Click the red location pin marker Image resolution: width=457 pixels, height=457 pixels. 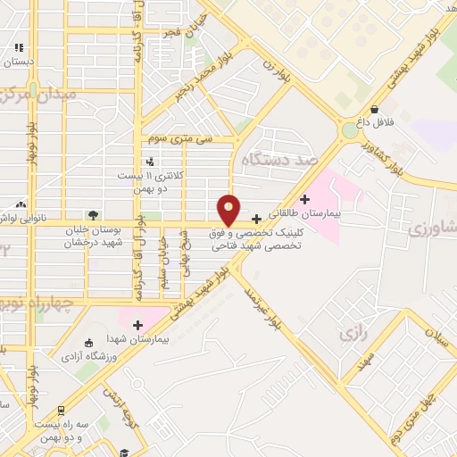(229, 210)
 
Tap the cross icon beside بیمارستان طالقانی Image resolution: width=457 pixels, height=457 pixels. (306, 199)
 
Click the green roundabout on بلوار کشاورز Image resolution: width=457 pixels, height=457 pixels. (347, 131)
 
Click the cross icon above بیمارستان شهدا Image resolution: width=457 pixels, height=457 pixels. (137, 324)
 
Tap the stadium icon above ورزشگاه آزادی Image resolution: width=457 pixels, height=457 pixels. (87, 343)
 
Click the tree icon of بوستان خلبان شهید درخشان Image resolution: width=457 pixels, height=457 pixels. (92, 214)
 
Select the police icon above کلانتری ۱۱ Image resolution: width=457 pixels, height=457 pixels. (149, 162)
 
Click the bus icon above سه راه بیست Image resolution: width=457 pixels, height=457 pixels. (60, 411)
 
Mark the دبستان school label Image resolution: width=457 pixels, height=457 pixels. (18, 62)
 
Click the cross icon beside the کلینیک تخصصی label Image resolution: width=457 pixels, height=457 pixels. (257, 219)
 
